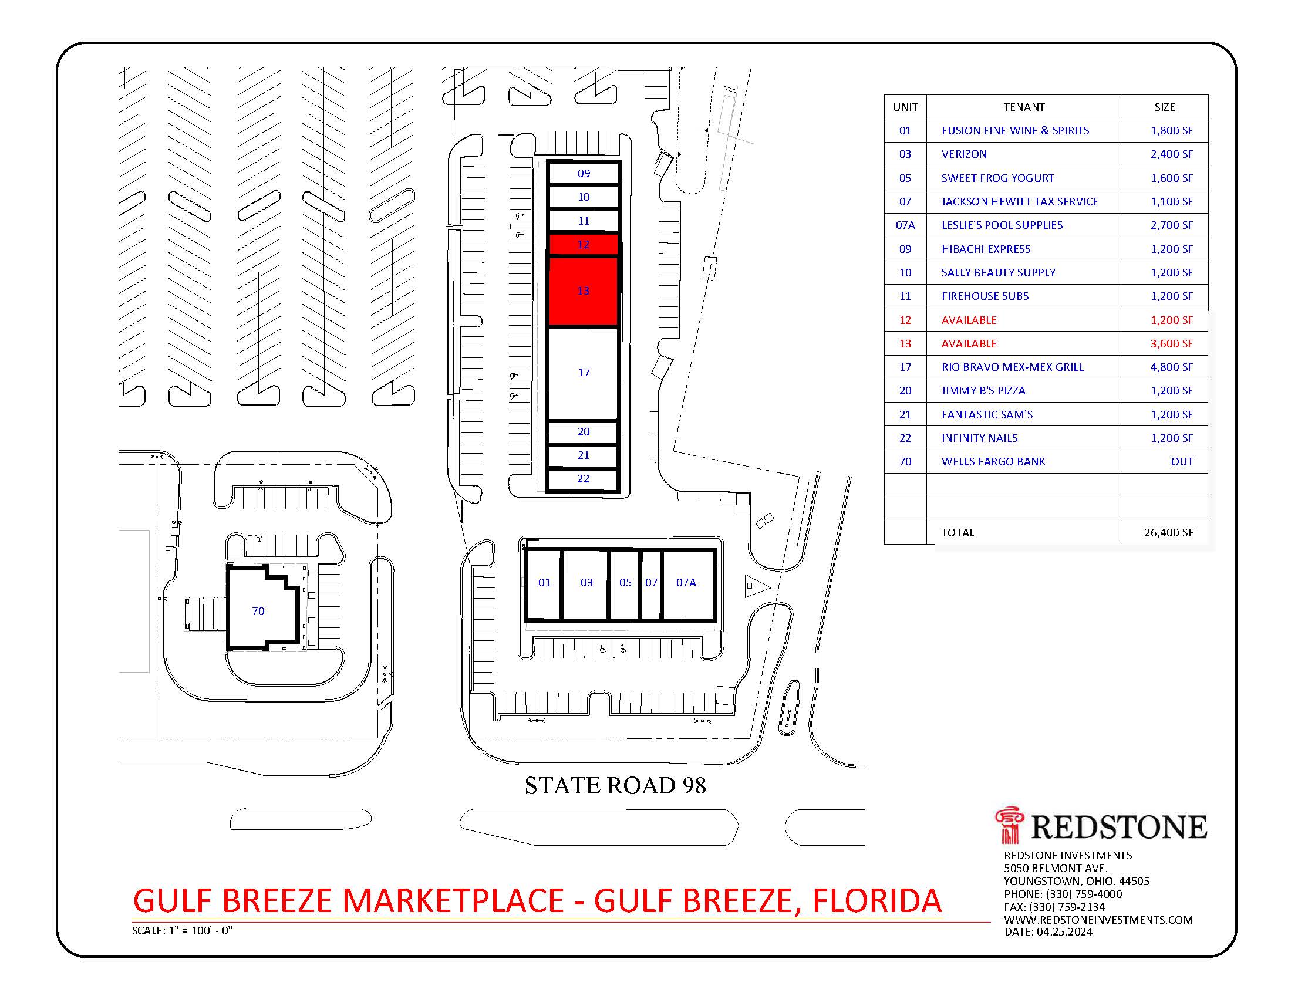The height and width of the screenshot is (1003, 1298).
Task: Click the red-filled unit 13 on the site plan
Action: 583,291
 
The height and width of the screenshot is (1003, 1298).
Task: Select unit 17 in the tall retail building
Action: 583,373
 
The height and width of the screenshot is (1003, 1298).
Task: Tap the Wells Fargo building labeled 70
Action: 258,611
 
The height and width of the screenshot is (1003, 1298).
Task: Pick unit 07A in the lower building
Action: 686,583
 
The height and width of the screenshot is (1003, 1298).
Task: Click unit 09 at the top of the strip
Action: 584,174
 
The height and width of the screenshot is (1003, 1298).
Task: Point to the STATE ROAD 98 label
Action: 615,785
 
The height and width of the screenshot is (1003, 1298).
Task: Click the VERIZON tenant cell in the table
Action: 964,154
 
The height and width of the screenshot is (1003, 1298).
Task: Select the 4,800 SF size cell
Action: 1171,367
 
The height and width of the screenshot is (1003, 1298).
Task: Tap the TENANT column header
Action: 1023,107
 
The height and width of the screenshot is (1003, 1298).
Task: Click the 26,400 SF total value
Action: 1168,533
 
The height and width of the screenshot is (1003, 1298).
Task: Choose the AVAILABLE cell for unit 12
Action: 969,320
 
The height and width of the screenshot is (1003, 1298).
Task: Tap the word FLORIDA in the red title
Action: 876,901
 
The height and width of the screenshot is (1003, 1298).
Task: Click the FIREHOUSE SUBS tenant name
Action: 985,296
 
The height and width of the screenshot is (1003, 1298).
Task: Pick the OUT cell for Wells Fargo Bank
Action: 1182,462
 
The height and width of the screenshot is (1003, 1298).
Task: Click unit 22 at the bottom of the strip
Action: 583,479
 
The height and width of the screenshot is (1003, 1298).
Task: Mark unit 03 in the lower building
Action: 586,583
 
